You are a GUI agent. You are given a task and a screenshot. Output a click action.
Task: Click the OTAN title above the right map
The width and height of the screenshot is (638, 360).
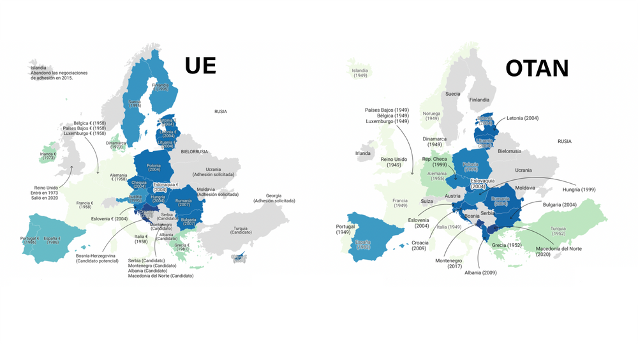[x=537, y=68]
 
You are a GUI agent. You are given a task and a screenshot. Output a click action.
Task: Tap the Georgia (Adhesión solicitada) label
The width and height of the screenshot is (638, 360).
[x=274, y=197]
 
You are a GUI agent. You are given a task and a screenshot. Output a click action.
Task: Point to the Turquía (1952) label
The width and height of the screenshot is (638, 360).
[x=558, y=231]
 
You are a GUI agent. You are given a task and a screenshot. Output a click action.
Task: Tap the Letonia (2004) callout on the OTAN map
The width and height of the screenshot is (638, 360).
[x=523, y=118]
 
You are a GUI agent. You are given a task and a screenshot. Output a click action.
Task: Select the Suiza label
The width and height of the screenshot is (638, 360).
[x=427, y=201]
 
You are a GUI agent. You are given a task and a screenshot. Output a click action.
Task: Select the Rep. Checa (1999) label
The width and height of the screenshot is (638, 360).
[x=434, y=162]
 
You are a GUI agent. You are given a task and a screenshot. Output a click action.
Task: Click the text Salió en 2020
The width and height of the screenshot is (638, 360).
[x=45, y=198]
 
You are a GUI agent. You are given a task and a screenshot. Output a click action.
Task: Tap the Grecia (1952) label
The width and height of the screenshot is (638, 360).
[x=507, y=245]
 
